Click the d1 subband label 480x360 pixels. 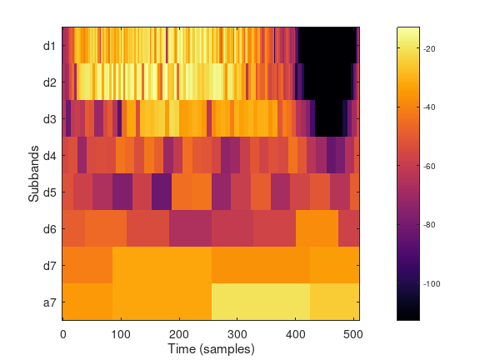(49, 45)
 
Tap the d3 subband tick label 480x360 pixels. (49, 118)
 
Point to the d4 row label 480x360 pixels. (49, 155)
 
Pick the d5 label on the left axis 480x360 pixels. (49, 192)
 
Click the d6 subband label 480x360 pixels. (49, 228)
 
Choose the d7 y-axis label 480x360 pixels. (49, 265)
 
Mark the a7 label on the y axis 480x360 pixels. (49, 302)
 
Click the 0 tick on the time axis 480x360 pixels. (63, 334)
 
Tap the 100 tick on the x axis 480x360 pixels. (122, 334)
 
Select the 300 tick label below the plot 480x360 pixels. (237, 334)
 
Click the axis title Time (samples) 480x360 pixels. (211, 347)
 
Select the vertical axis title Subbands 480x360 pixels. (33, 173)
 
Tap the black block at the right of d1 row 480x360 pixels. (327, 45)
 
